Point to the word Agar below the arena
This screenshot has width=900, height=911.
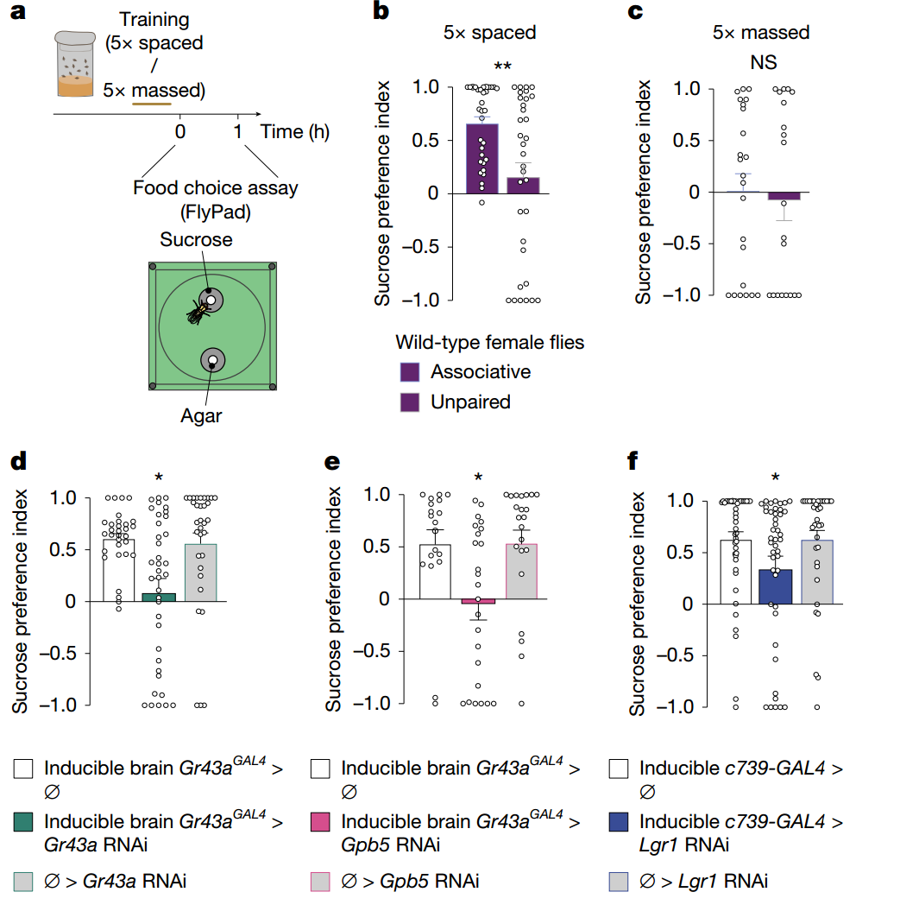[201, 416]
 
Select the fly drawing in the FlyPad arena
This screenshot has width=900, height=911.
[199, 309]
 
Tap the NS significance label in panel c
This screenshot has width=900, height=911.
[762, 63]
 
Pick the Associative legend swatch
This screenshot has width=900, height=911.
[411, 372]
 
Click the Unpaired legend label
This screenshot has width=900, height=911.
[470, 402]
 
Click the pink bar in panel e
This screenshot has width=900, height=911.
[478, 601]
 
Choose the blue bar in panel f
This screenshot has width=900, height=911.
[775, 586]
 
